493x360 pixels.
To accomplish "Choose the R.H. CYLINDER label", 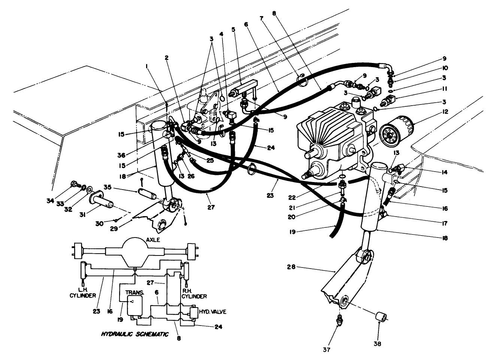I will pyautogui.click(x=194, y=293).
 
